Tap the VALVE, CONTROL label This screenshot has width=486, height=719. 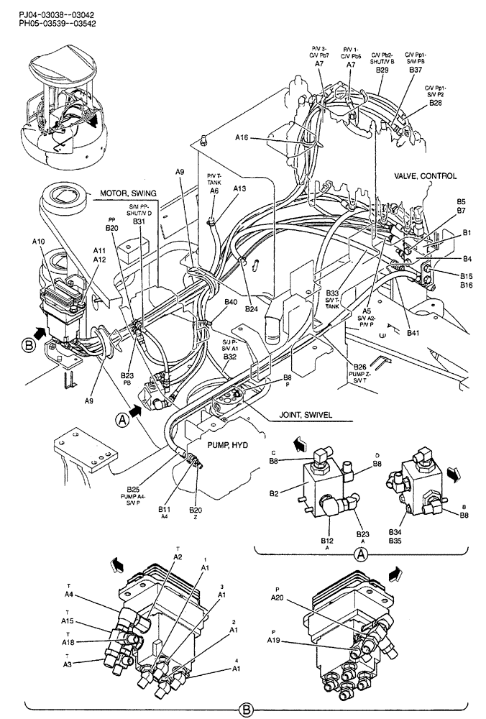pyautogui.click(x=425, y=175)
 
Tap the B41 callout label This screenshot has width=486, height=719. pyautogui.click(x=413, y=334)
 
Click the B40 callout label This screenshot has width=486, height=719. pyautogui.click(x=231, y=303)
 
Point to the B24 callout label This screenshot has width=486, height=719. pyautogui.click(x=250, y=309)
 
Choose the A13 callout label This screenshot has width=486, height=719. pyautogui.click(x=239, y=188)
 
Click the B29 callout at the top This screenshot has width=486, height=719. pyautogui.click(x=382, y=70)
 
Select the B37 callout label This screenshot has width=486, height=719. pyautogui.click(x=416, y=70)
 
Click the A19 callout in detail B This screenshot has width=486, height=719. pyautogui.click(x=274, y=639)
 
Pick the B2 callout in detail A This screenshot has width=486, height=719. pyautogui.click(x=273, y=494)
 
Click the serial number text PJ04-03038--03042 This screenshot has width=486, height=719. pyautogui.click(x=47, y=13)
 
